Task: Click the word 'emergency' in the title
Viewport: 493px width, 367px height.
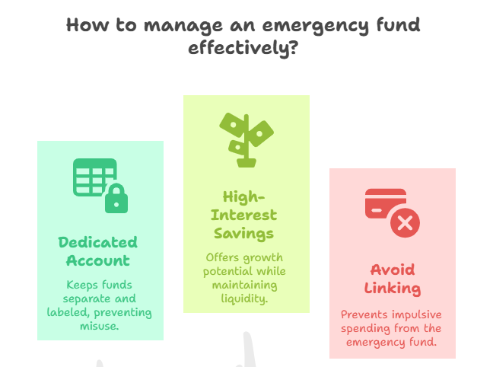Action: (316, 26)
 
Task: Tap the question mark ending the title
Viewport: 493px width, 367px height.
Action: (293, 47)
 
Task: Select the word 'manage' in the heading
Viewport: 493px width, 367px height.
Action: (183, 26)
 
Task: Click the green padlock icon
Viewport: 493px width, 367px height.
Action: (116, 198)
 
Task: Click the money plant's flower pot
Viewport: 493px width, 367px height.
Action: (247, 163)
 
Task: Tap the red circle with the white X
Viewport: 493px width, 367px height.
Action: (405, 223)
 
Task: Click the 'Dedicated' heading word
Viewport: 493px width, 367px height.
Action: (98, 242)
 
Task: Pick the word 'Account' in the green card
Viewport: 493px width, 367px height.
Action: (98, 260)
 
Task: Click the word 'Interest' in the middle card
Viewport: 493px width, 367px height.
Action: (243, 215)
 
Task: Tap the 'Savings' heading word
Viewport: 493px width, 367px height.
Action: (243, 234)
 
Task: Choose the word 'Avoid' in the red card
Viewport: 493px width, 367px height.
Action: (393, 270)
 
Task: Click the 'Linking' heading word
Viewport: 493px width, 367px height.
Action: (393, 289)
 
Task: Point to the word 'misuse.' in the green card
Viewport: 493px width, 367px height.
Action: (100, 326)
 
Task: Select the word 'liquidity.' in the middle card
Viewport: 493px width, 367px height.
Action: (244, 298)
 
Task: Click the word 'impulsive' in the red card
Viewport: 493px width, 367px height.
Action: (417, 314)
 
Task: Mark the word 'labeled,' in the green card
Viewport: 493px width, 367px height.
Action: (69, 312)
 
